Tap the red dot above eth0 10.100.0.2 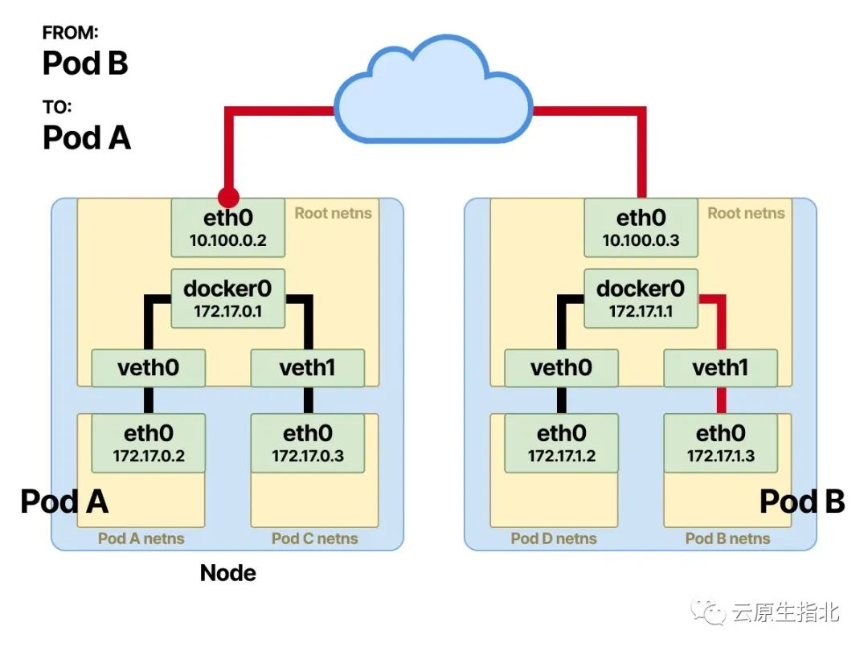228,196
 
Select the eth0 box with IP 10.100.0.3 641,228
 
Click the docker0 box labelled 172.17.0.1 227,298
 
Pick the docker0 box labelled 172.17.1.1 641,298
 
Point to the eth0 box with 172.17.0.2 148,444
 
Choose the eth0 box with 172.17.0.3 307,444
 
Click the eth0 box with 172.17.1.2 561,444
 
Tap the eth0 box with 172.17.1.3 720,444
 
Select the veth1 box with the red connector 720,368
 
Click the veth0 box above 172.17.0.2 148,368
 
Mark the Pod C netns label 314,538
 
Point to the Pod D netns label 554,538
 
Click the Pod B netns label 727,538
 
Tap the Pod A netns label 141,538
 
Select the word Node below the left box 228,573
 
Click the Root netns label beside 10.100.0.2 333,213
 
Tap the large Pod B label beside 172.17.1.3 801,502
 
